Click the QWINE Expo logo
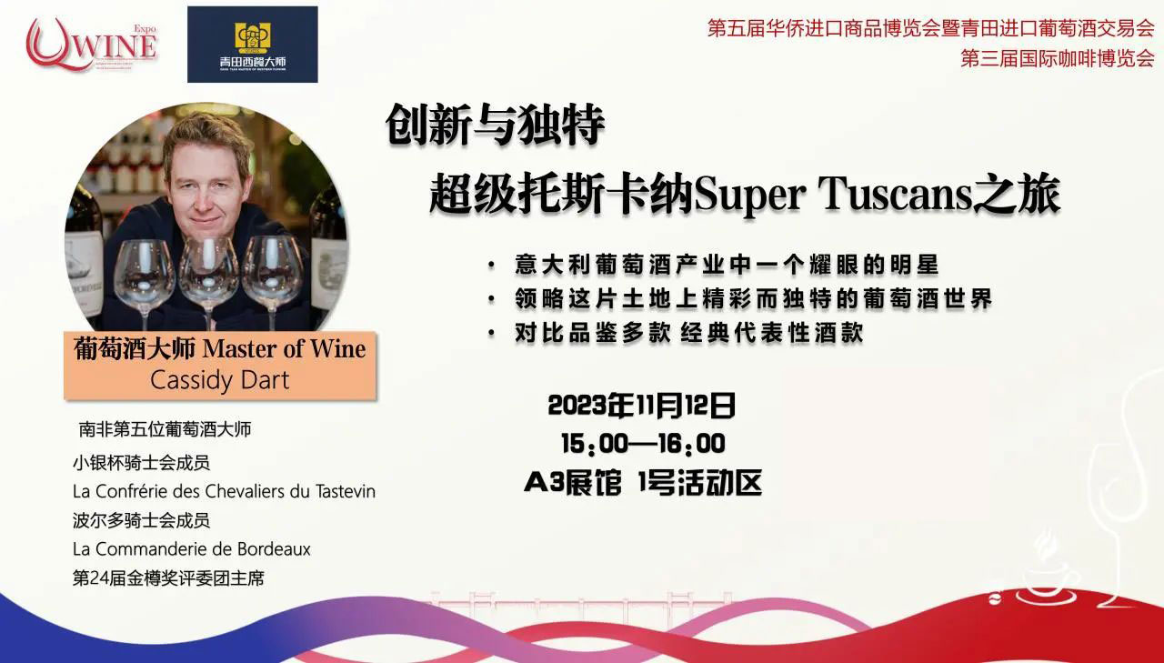92,45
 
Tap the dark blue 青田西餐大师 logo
253,45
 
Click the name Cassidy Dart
219,380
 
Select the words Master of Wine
284,348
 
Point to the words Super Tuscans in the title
833,196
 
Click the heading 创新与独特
495,126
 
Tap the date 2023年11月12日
642,406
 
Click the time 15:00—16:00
643,444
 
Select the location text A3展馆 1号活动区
643,483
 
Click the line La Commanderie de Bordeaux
191,549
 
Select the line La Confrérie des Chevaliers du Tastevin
224,491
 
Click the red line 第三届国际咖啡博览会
1057,58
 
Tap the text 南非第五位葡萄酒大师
165,429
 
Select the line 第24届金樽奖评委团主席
168,578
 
